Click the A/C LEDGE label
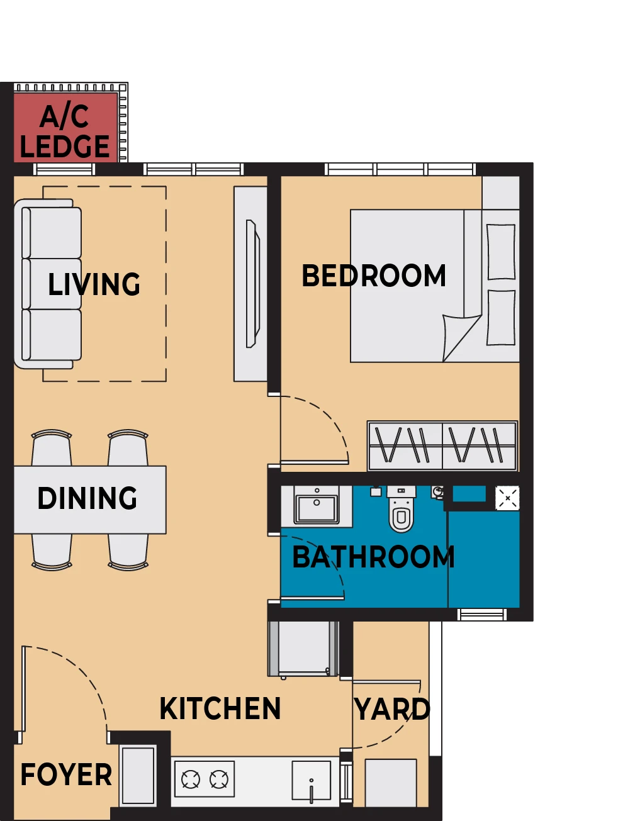(65, 131)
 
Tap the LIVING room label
(94, 284)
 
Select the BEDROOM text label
(374, 276)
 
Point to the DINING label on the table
(87, 498)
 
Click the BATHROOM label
(373, 557)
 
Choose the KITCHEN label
(220, 708)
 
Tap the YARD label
(392, 709)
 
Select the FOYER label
(66, 774)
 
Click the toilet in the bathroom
(402, 508)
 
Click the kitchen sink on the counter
(311, 781)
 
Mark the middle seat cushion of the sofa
(52, 283)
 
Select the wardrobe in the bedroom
(442, 446)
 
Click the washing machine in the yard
(390, 783)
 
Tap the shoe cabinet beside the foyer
(138, 775)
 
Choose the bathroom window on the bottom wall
(482, 615)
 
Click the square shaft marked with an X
(507, 498)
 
